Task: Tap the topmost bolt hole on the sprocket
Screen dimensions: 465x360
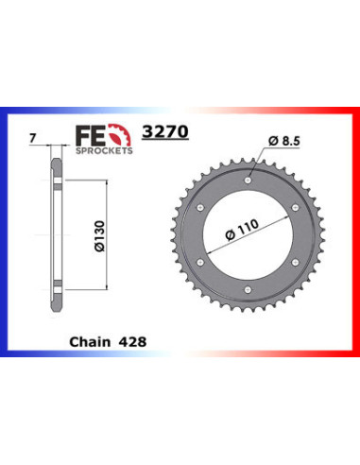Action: click(249, 178)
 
